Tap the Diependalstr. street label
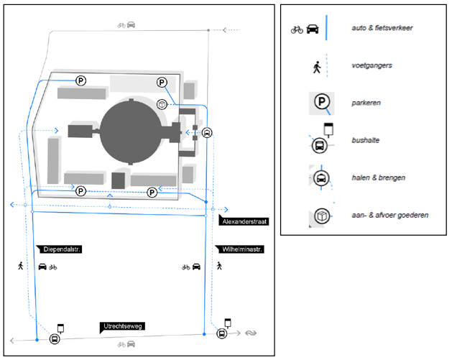(x=60, y=249)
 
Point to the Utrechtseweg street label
(x=124, y=327)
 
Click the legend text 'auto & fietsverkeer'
(x=382, y=28)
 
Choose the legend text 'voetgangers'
(x=372, y=65)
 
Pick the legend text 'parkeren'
(x=366, y=103)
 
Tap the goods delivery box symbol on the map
(x=163, y=105)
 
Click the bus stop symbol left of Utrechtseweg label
(x=54, y=338)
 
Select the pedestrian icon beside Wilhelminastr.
(x=219, y=266)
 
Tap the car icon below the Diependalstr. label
(x=42, y=267)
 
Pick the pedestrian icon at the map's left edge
(x=21, y=266)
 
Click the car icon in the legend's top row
(x=313, y=29)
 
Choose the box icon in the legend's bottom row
(x=320, y=215)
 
